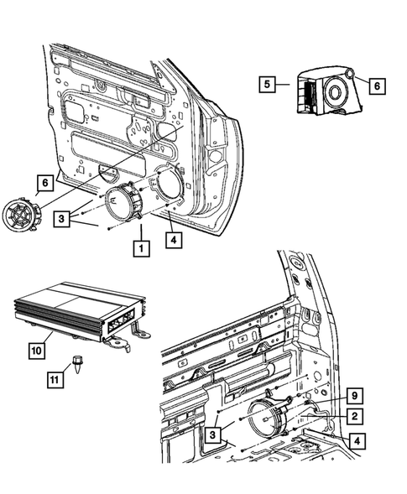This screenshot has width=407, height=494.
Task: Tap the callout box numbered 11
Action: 53,380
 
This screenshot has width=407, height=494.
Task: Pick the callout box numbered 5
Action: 266,85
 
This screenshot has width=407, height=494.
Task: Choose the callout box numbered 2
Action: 355,415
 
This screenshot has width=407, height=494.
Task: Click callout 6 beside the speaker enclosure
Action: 376,85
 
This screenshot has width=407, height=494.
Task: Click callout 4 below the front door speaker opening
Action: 172,241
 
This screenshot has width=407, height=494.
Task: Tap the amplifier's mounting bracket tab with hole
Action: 140,335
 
